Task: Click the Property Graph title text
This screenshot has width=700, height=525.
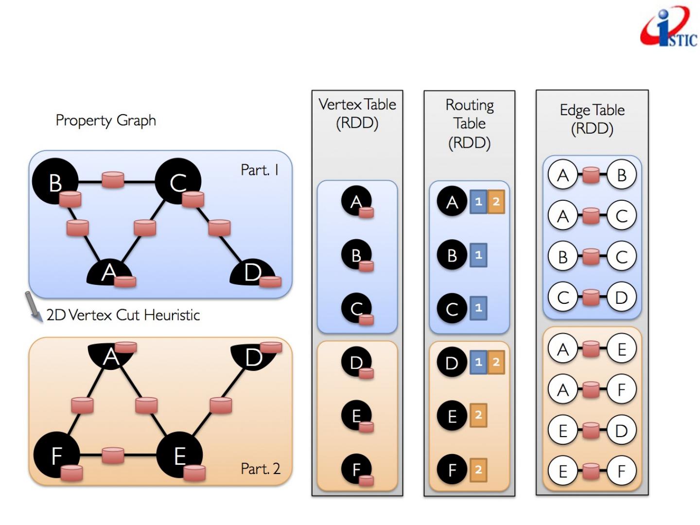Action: click(105, 120)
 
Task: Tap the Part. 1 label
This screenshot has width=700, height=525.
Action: click(260, 170)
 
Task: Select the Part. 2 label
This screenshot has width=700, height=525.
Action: click(261, 469)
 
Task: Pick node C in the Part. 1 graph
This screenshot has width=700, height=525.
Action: click(178, 181)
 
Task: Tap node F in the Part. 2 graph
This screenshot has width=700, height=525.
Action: click(56, 455)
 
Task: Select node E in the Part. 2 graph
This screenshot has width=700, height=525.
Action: click(179, 455)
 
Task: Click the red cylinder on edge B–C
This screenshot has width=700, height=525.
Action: click(113, 179)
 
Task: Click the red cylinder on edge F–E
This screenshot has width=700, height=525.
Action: click(113, 455)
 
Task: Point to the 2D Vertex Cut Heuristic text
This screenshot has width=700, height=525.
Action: click(123, 315)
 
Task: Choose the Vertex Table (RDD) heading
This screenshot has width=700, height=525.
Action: click(357, 113)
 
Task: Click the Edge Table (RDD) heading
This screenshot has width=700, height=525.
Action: click(592, 119)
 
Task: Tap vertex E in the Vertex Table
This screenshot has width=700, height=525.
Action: click(356, 416)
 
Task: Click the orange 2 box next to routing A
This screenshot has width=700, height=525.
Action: click(496, 202)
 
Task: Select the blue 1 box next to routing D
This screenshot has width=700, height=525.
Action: click(478, 362)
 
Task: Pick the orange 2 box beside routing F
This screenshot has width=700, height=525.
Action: click(478, 470)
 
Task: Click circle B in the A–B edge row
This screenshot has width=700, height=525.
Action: click(621, 175)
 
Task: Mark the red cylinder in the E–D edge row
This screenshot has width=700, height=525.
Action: click(591, 430)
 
